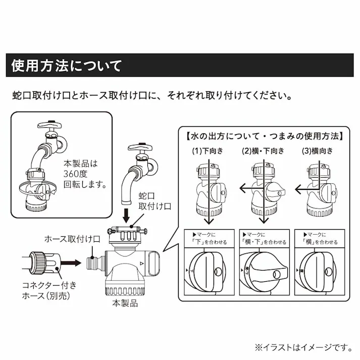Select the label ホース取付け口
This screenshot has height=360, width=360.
click(73, 238)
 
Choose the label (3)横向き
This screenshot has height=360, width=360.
click(318, 150)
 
